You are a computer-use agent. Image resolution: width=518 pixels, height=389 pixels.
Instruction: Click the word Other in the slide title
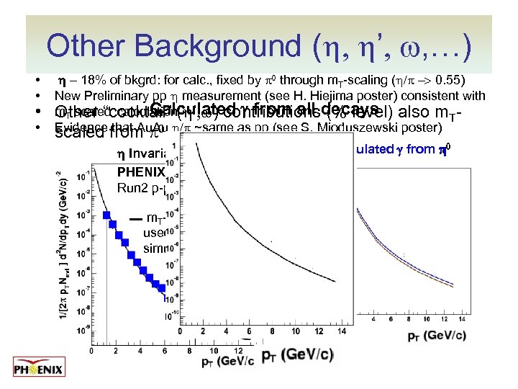(90, 48)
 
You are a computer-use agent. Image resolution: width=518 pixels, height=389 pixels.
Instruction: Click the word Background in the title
(221, 48)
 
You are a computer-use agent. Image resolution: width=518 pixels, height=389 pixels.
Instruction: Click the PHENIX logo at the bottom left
(40, 369)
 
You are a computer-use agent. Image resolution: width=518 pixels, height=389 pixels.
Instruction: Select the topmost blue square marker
(106, 215)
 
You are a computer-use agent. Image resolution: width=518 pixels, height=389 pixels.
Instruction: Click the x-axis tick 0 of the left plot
(91, 352)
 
